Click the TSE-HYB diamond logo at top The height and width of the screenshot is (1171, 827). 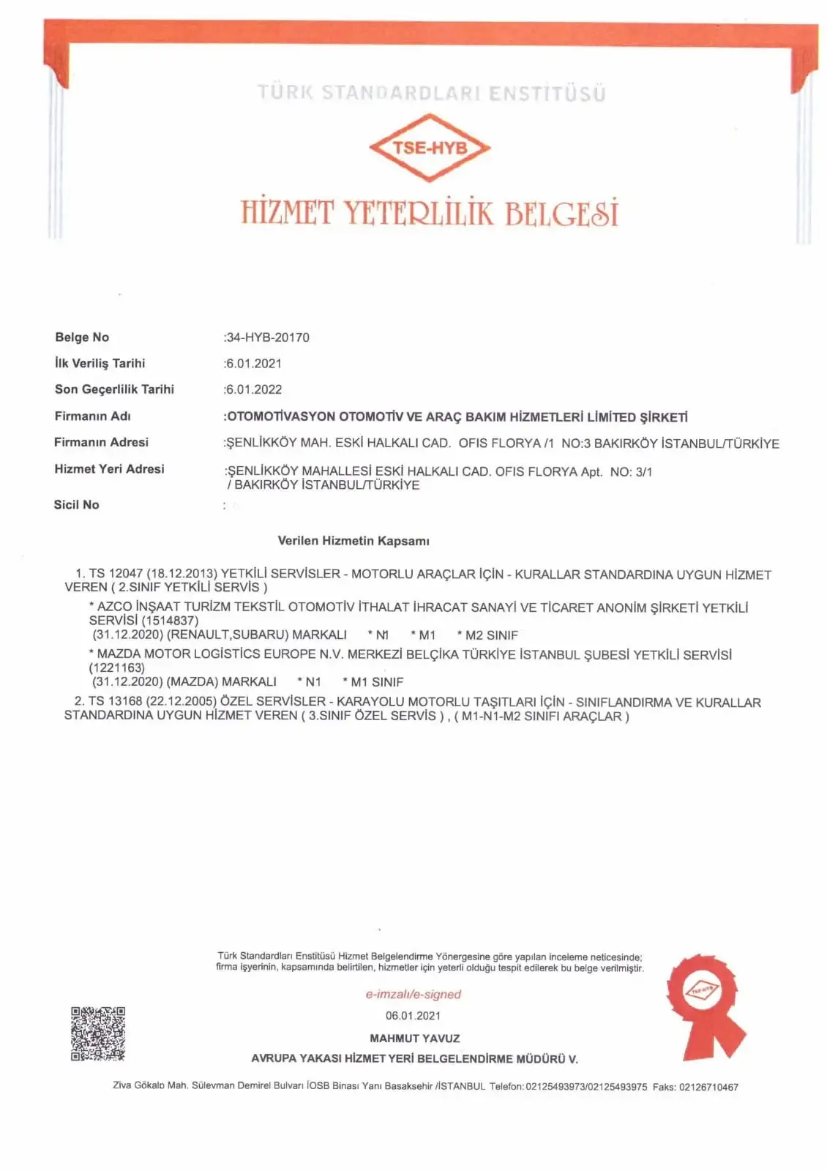pyautogui.click(x=430, y=147)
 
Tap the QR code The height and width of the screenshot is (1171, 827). pyautogui.click(x=97, y=1033)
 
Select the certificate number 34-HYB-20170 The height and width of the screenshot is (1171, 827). pyautogui.click(x=268, y=337)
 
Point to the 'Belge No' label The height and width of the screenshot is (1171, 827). pyautogui.click(x=82, y=337)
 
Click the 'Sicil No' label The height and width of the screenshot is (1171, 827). pyautogui.click(x=76, y=504)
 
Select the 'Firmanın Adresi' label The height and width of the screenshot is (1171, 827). pyautogui.click(x=101, y=442)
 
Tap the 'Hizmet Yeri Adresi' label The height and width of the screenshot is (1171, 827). pyautogui.click(x=109, y=468)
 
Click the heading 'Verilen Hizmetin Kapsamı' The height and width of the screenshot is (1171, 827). pyautogui.click(x=353, y=541)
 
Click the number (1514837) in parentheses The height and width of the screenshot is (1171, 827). pyautogui.click(x=170, y=621)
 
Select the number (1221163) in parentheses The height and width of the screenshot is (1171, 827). pyautogui.click(x=117, y=667)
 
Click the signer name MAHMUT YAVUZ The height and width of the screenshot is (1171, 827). pyautogui.click(x=414, y=1038)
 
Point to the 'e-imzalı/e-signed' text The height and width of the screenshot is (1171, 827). pyautogui.click(x=413, y=994)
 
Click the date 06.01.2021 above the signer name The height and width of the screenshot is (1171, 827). pyautogui.click(x=413, y=1015)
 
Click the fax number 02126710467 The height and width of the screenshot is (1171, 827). pyautogui.click(x=708, y=1087)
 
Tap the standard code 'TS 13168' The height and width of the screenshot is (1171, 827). pyautogui.click(x=115, y=702)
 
